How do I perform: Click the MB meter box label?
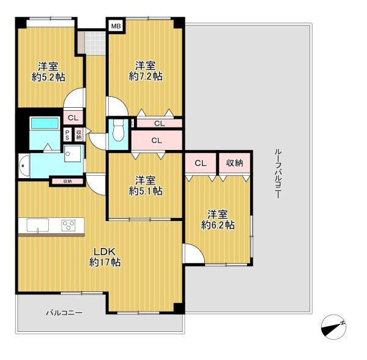[116, 26]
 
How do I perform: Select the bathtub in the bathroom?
[45, 123]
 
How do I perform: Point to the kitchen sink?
[38, 225]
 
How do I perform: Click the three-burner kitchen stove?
[69, 225]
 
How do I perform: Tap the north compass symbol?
[333, 327]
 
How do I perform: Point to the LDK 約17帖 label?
[105, 257]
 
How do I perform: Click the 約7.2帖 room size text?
[146, 77]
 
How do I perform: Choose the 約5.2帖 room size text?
[48, 77]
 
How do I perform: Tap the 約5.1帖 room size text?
[146, 191]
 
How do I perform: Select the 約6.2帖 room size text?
[218, 225]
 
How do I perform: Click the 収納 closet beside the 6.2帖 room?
[234, 163]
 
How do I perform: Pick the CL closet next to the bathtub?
[73, 118]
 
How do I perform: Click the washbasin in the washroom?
[24, 165]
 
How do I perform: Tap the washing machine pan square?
[73, 154]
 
